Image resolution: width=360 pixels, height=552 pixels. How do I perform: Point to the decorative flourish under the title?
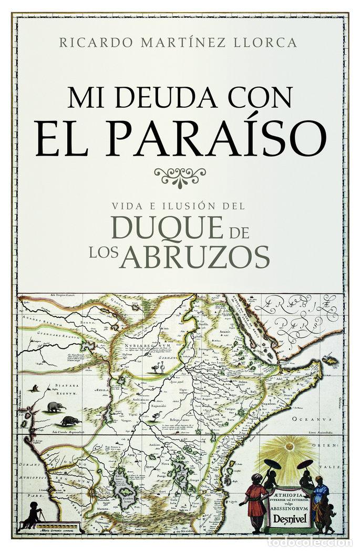pyautogui.click(x=179, y=176)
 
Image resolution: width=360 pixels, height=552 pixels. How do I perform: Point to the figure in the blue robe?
pyautogui.click(x=320, y=497)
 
